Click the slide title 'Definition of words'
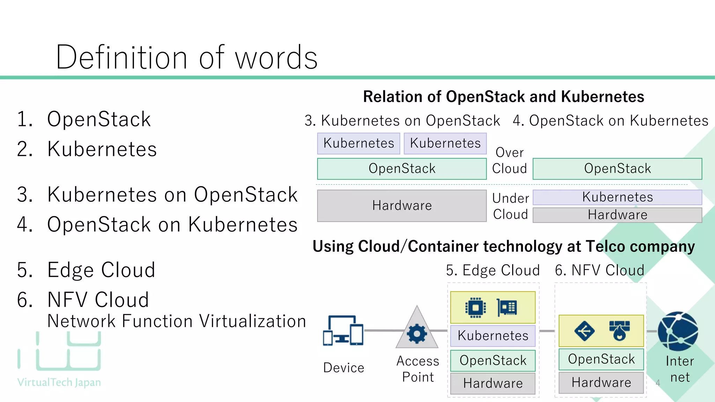pos(186,58)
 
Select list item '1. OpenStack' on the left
pos(84,119)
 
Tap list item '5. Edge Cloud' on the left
pos(86,270)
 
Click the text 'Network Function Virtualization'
pos(176,321)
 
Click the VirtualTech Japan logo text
pos(59,382)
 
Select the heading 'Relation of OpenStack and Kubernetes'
pos(503,97)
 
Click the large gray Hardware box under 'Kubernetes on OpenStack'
pos(401,206)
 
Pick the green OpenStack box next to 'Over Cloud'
pos(617,169)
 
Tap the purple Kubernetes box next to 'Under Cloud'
pos(617,197)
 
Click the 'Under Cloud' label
pos(510,206)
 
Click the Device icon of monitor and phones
pos(343,330)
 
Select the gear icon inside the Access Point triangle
pos(417,334)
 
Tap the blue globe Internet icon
pos(678,331)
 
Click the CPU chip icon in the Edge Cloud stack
pos(475,307)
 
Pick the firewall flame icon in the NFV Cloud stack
pos(619,330)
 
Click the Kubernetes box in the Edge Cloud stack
pos(493,336)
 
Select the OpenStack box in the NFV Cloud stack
pos(601,359)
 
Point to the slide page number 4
pos(658,383)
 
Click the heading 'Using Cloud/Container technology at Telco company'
pos(503,246)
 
